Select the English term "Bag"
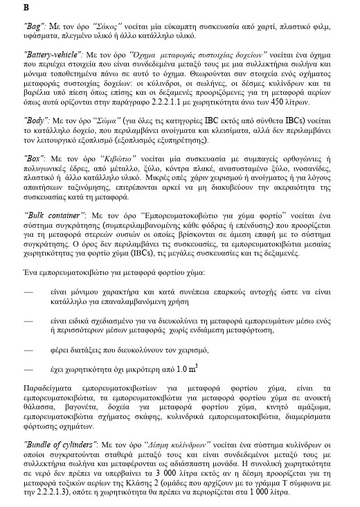35,25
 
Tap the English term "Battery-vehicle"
53,53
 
